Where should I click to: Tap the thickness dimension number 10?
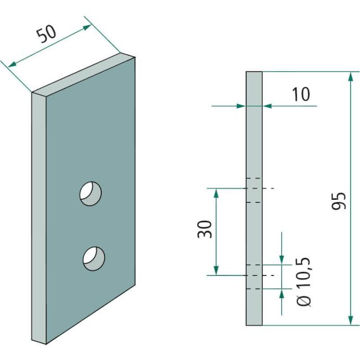click(301, 94)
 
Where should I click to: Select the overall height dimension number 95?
click(340, 201)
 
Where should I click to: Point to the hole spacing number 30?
click(205, 229)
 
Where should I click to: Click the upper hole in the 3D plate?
click(90, 193)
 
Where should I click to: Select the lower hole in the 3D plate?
click(94, 258)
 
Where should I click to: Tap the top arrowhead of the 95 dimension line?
click(349, 76)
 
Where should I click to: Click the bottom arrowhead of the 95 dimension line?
click(349, 320)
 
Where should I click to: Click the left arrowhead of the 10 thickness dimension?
click(242, 106)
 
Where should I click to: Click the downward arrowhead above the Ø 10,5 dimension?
click(282, 259)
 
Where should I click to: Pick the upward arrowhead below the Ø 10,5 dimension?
click(282, 293)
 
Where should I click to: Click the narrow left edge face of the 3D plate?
click(39, 219)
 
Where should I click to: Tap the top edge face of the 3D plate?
click(83, 73)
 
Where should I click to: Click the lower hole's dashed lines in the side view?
click(254, 275)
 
